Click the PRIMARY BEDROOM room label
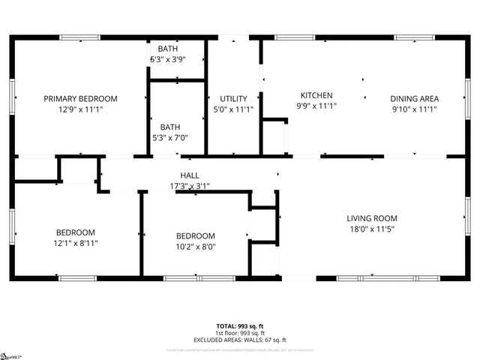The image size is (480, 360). click(80, 98)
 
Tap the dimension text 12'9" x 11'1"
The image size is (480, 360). click(80, 109)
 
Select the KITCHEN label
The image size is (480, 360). click(316, 95)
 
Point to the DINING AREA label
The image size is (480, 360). click(414, 98)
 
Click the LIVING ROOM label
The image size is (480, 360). click(370, 218)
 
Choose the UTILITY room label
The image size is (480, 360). click(233, 98)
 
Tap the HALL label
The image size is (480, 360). click(189, 175)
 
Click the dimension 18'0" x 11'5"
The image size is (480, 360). click(370, 229)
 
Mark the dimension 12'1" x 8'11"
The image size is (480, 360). click(76, 243)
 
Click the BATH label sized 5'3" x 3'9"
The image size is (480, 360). click(168, 49)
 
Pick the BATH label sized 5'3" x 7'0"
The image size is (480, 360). click(169, 127)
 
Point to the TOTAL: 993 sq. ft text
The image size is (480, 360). click(240, 326)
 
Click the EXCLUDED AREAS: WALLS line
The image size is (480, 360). click(240, 340)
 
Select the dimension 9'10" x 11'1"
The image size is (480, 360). click(414, 109)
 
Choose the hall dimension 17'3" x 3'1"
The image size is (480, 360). click(189, 185)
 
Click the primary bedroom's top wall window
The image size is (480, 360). click(79, 37)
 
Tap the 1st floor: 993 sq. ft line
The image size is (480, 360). click(240, 333)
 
